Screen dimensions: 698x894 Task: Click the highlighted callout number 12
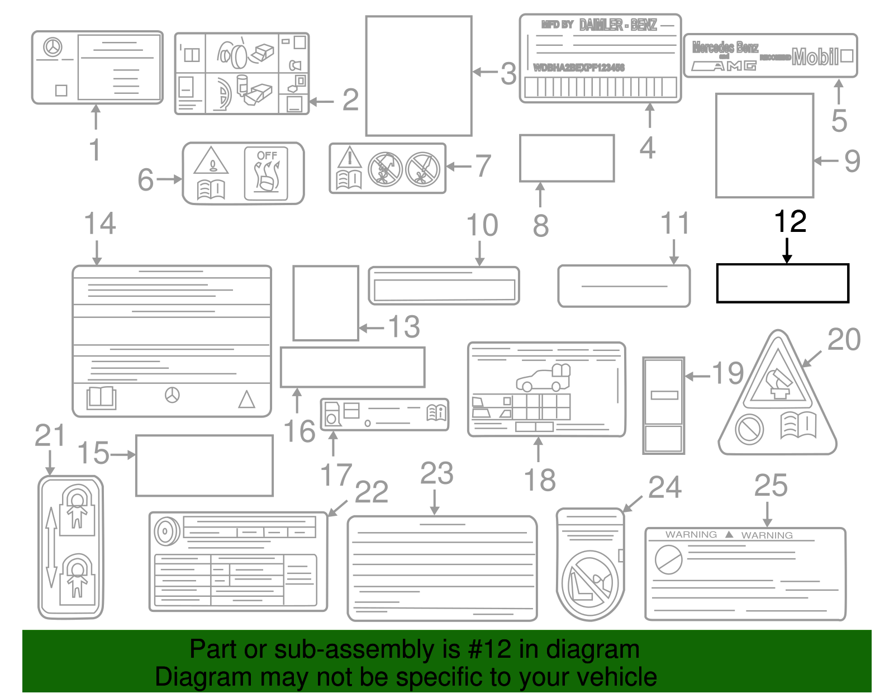coord(790,222)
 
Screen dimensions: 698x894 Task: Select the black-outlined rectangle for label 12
coord(782,283)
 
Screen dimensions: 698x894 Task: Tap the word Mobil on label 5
coord(815,56)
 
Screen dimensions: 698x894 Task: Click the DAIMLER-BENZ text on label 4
coord(618,25)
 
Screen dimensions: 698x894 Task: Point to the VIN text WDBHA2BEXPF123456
coord(579,68)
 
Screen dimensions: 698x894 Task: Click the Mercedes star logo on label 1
coord(53,47)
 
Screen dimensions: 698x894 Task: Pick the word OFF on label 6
coord(267,155)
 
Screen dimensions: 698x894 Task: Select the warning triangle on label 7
coord(349,159)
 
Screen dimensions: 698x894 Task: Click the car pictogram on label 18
coord(542,378)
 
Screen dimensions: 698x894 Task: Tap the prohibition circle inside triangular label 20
coord(749,429)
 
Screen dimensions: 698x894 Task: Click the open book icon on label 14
coord(101,397)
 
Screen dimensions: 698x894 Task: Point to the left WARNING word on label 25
coord(691,535)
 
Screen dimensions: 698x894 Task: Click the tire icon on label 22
coord(166,531)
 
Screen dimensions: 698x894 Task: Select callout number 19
coord(728,373)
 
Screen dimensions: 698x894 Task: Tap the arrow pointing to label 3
coord(484,72)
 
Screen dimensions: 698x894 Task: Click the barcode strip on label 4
coord(600,87)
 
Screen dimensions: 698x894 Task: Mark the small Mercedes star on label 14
coord(172,395)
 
